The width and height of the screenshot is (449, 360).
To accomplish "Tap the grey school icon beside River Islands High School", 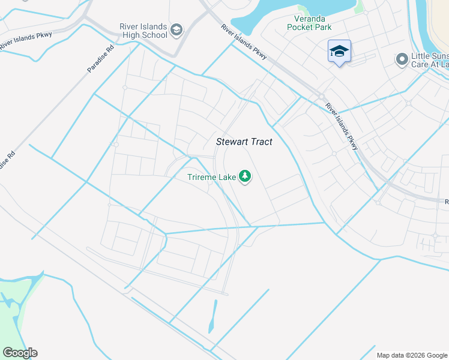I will [x=176, y=30].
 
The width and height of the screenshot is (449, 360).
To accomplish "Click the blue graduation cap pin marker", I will [x=339, y=52].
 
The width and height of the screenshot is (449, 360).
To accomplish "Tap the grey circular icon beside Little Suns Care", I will [x=402, y=59].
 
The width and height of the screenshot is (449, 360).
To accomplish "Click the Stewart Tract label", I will [x=244, y=142].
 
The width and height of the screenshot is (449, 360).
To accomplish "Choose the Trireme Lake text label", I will [x=212, y=176].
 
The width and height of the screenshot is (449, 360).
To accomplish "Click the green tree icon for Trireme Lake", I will [x=244, y=176].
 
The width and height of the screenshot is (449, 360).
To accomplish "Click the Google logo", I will [x=20, y=353].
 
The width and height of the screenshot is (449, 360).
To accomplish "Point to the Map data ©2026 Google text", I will [x=411, y=355].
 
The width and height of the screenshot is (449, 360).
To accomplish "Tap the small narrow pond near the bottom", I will [x=213, y=316].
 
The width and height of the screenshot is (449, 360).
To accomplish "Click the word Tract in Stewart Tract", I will [x=260, y=142].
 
